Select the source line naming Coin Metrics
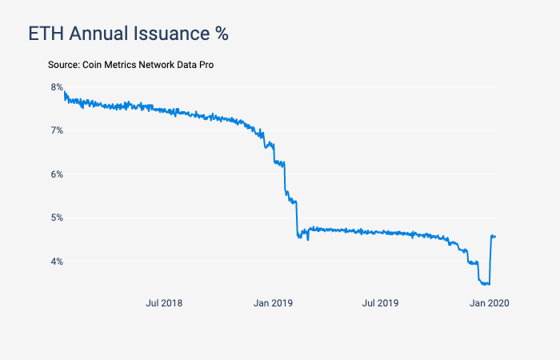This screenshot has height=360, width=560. click(x=130, y=63)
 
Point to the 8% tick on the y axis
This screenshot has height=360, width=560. click(x=57, y=87)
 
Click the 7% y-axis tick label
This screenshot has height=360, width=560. click(x=57, y=130)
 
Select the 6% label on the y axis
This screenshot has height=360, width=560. click(x=57, y=174)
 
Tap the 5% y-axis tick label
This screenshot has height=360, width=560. click(x=57, y=218)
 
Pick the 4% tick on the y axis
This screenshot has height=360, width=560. click(x=57, y=262)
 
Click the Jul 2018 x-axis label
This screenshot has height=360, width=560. click(x=164, y=303)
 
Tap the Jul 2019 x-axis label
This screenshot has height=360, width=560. click(x=380, y=303)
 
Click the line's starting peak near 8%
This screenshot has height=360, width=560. click(x=64, y=93)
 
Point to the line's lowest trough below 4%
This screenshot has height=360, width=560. click(x=485, y=284)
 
